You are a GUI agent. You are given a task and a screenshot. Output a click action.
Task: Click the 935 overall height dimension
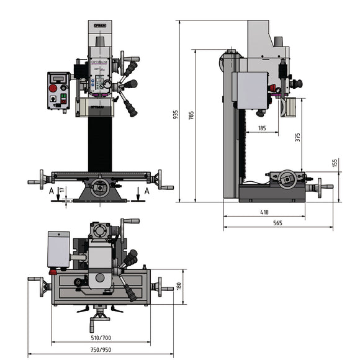176,115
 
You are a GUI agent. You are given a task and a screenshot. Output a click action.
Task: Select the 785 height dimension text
191,115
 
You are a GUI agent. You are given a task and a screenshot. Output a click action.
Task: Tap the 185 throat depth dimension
261,128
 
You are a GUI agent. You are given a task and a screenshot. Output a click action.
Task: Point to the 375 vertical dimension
297,137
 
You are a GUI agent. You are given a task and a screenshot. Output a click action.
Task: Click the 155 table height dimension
335,163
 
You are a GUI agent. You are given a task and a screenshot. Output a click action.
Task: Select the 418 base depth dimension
264,212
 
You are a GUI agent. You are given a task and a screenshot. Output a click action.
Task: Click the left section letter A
51,192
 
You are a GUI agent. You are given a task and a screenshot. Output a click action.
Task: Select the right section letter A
146,192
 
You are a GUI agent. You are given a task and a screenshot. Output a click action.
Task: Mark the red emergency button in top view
53,271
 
